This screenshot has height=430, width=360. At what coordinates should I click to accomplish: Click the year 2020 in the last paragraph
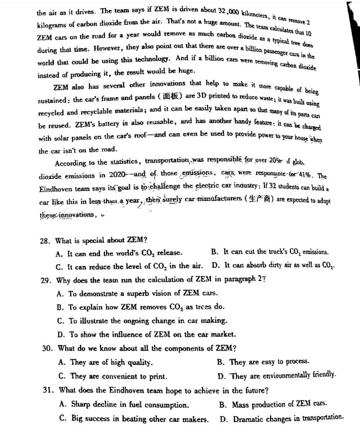pos(116,176)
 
